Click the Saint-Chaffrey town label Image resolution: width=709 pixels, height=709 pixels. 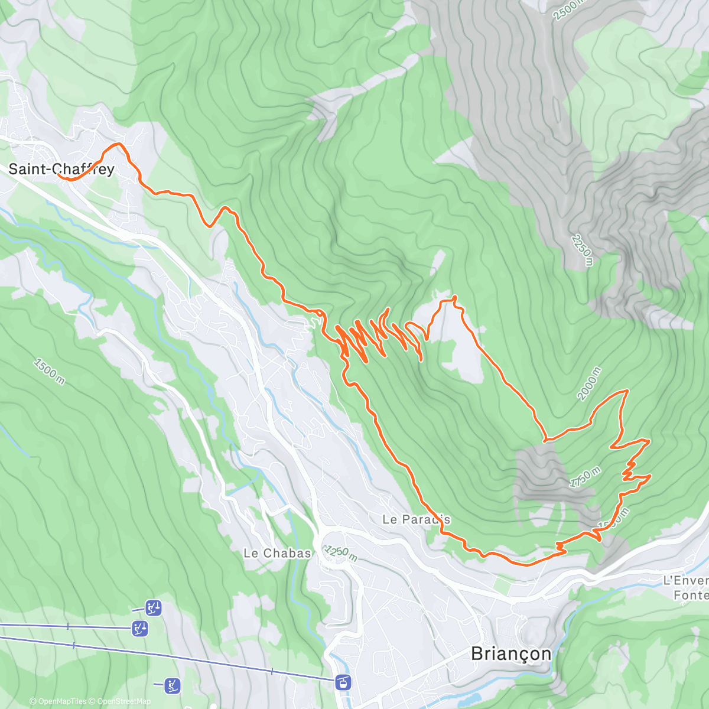tap(61, 170)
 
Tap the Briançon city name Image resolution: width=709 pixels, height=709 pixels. tap(511, 653)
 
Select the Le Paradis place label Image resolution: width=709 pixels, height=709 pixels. tap(416, 519)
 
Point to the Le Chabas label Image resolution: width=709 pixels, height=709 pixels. tap(277, 553)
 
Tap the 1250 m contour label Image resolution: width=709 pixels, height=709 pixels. tap(341, 554)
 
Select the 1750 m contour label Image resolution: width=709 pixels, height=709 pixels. tap(585, 477)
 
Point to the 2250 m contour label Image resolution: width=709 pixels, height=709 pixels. tap(581, 251)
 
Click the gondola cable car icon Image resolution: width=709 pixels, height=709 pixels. tap(343, 682)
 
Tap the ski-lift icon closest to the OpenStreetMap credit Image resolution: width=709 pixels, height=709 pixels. tap(172, 685)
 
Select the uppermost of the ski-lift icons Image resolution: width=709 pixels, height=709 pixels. tap(154, 607)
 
